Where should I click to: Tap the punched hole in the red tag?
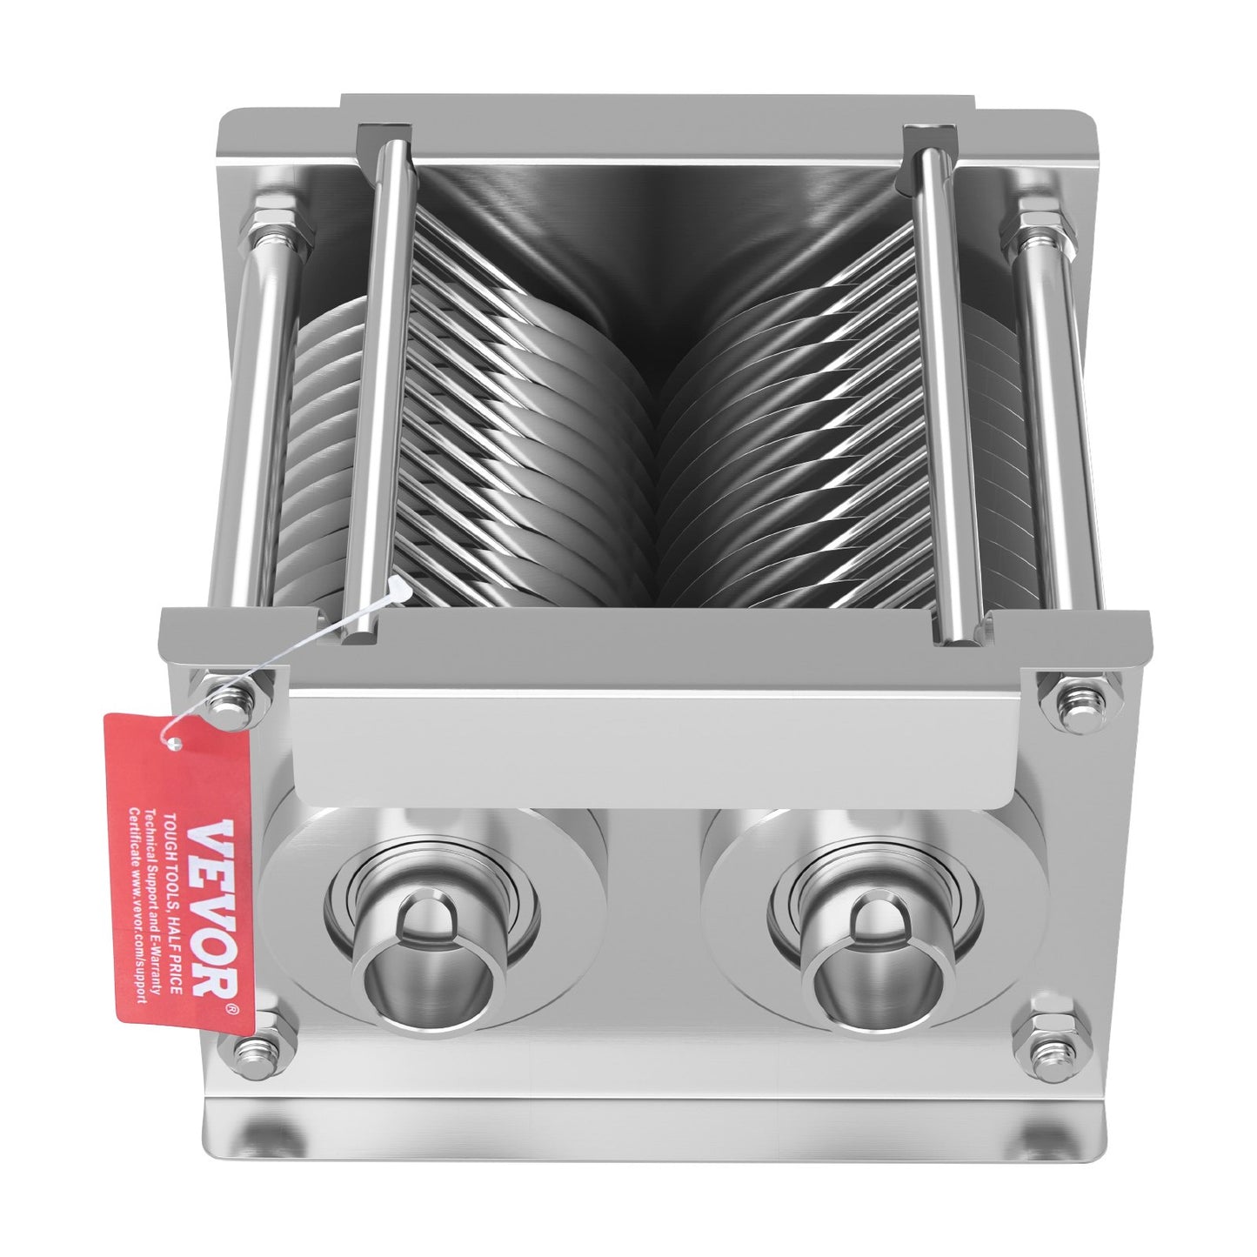pyautogui.click(x=177, y=744)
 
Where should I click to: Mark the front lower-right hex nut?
pyautogui.click(x=1044, y=1040)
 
